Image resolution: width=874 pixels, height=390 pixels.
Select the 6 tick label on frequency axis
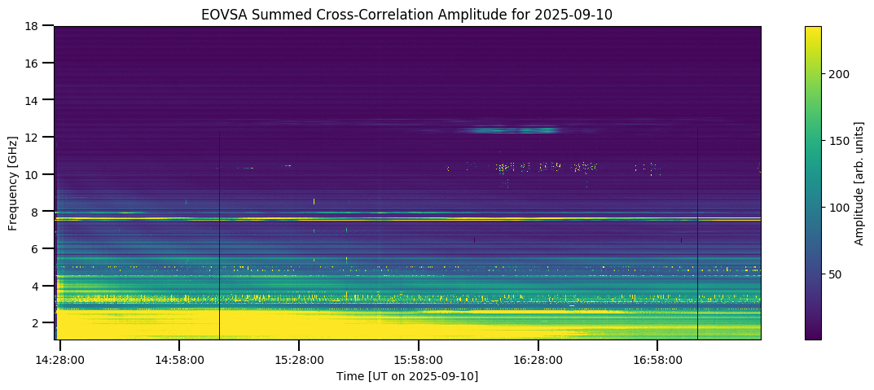tap(34, 249)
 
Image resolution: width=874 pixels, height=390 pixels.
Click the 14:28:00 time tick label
tap(59, 358)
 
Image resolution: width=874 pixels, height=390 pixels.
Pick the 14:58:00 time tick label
tap(179, 358)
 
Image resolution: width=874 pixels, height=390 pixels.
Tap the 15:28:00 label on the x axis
tap(299, 358)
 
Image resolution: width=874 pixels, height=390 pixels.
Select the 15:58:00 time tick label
tap(419, 358)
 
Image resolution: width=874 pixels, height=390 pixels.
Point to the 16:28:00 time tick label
tap(538, 358)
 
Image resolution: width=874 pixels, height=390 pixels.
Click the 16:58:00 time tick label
tap(658, 358)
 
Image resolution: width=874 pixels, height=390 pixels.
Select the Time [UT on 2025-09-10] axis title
tap(407, 375)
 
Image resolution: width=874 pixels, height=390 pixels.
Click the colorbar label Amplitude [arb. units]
tap(859, 183)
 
